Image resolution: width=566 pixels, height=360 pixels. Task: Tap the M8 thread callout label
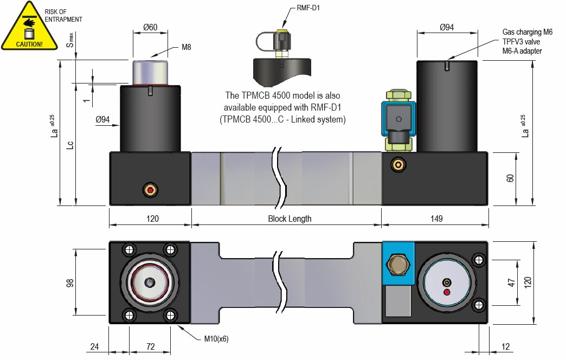tap(186, 47)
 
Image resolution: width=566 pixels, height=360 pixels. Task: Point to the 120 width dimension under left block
tap(152, 219)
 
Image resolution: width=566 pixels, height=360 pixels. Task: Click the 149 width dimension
tap(436, 219)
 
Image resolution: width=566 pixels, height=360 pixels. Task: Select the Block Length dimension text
tap(290, 219)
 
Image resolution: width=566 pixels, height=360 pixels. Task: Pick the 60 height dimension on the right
tap(510, 178)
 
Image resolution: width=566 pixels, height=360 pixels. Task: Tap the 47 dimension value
tap(510, 284)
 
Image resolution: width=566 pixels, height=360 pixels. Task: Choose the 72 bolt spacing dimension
tap(151, 345)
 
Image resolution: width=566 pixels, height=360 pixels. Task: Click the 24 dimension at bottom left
tap(95, 345)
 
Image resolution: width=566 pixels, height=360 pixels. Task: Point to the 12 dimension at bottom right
tap(505, 345)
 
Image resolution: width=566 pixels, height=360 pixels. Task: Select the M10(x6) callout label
tap(216, 339)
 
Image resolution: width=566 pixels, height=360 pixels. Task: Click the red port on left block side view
tap(150, 190)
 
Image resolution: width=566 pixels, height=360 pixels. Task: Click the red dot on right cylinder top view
tap(447, 293)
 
